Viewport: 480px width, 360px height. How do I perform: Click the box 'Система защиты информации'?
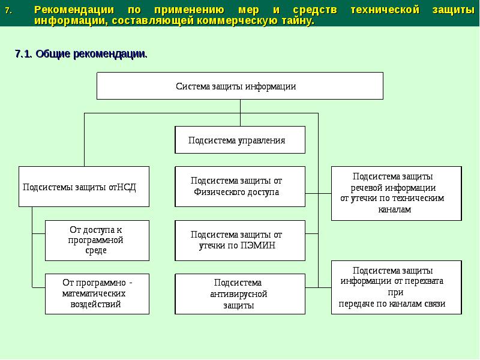(240, 86)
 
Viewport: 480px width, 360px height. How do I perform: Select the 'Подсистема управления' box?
(240, 140)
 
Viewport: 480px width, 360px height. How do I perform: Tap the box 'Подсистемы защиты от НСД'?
(84, 187)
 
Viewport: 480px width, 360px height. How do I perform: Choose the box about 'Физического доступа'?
(240, 187)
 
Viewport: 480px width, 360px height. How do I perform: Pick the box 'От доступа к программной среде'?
(97, 240)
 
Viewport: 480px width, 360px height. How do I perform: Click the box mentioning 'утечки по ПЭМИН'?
(240, 240)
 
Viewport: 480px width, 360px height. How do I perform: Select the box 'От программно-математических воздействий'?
(97, 294)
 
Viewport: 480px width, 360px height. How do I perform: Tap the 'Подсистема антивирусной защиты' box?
(240, 294)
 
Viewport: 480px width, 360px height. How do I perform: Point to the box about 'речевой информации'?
(397, 193)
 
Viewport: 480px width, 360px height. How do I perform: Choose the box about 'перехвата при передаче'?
(397, 287)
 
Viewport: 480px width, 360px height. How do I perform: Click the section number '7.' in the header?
(8, 10)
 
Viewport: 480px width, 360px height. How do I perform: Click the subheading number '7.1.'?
(24, 54)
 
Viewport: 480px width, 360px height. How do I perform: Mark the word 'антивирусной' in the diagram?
(239, 294)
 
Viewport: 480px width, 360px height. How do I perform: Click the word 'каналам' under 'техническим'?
(395, 209)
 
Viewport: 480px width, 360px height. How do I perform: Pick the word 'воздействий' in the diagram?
(96, 304)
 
